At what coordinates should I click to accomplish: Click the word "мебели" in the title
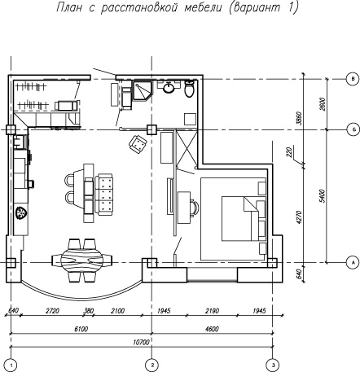coord(203,7)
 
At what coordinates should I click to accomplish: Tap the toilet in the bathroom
coord(189,89)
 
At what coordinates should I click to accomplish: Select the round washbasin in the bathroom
coord(169,88)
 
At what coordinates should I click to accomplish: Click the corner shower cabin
coord(143,91)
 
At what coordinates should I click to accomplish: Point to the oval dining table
coord(82,260)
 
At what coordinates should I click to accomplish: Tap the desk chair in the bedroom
coord(195,208)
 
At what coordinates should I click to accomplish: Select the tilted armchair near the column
coord(138,143)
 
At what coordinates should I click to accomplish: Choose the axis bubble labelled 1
coord(11,365)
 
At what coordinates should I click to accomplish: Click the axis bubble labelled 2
coord(152,365)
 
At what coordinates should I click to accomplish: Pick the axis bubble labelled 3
coord(273,365)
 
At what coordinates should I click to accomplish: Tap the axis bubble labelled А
coord(353,262)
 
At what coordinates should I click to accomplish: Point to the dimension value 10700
coord(142,342)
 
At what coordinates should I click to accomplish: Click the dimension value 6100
coord(81,329)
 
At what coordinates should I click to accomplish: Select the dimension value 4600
coord(211,329)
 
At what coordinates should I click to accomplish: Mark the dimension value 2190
coord(212,310)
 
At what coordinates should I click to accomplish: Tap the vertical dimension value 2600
coord(323,104)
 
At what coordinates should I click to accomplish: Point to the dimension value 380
coord(89,310)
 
